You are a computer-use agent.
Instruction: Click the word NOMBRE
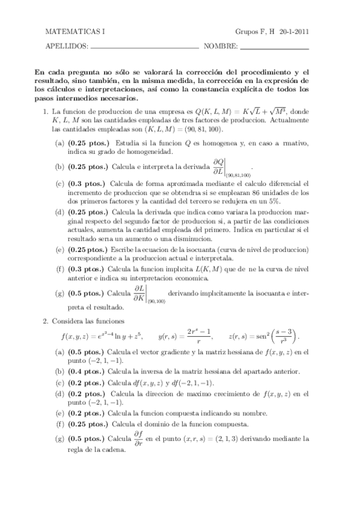point(221,46)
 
